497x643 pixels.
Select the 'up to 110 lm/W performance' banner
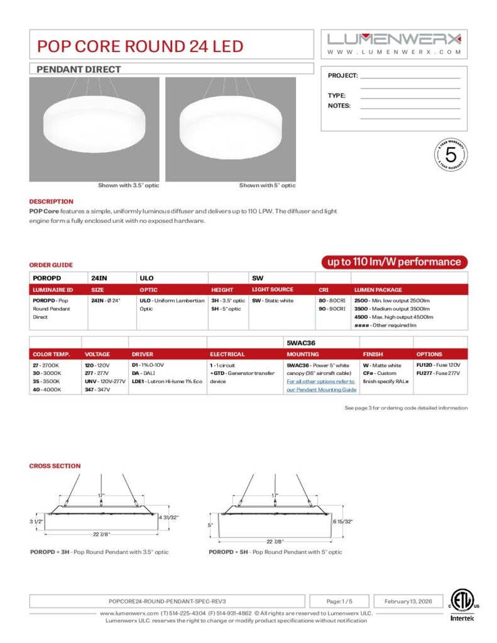pos(392,262)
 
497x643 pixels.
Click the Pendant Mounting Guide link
pos(321,386)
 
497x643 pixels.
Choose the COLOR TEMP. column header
pos(46,354)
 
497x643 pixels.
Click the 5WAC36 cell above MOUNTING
pos(298,342)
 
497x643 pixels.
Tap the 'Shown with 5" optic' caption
pos(267,185)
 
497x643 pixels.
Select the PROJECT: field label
pos(343,75)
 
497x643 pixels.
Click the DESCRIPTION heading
pos(51,202)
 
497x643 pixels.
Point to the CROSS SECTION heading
pos(55,466)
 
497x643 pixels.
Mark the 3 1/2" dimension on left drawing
pos(35,522)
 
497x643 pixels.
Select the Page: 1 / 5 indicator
pos(339,601)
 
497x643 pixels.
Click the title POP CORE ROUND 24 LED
pos(140,46)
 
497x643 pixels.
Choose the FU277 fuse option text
pos(438,373)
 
